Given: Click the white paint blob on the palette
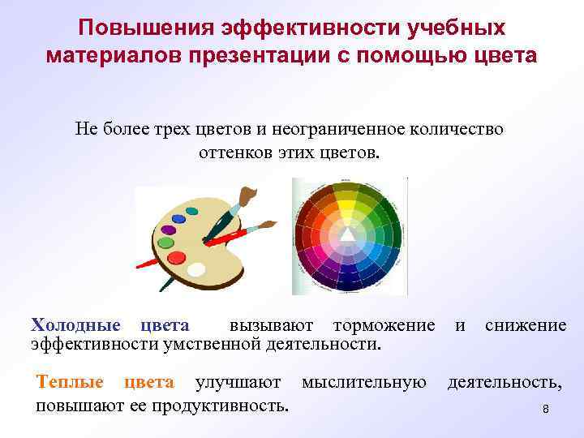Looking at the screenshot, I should click(x=196, y=268).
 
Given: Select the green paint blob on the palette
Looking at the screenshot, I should click(x=166, y=242).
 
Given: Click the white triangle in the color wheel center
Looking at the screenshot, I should click(x=347, y=234).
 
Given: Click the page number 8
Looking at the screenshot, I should click(x=546, y=410).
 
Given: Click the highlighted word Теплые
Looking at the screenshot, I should click(x=70, y=382).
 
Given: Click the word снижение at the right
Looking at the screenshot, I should click(x=526, y=325).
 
